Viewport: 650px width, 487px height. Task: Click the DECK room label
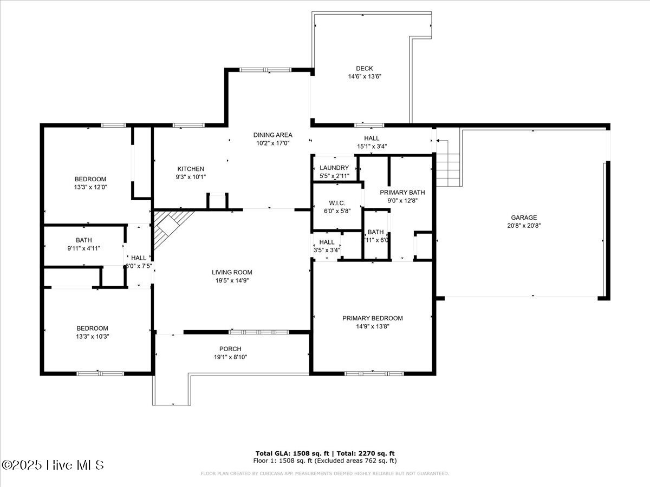click(x=364, y=68)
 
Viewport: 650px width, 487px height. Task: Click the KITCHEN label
click(x=191, y=169)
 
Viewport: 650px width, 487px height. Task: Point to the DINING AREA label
click(x=273, y=135)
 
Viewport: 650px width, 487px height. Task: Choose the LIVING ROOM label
click(x=232, y=272)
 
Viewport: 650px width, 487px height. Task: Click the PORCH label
click(x=230, y=349)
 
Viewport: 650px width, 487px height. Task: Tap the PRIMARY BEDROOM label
click(x=372, y=318)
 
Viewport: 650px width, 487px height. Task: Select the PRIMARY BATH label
click(x=402, y=192)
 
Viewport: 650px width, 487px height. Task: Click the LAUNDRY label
click(x=334, y=168)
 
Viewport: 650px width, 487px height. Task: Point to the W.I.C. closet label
click(x=337, y=203)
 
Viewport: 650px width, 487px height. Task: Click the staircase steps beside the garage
click(x=447, y=162)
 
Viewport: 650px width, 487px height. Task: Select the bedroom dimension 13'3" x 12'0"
click(x=90, y=187)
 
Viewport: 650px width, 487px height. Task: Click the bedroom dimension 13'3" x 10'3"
click(x=92, y=336)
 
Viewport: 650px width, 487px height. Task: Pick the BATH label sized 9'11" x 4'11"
click(x=83, y=240)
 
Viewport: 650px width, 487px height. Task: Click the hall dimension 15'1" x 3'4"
click(x=372, y=146)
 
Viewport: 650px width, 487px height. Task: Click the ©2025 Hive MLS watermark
click(x=53, y=465)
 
